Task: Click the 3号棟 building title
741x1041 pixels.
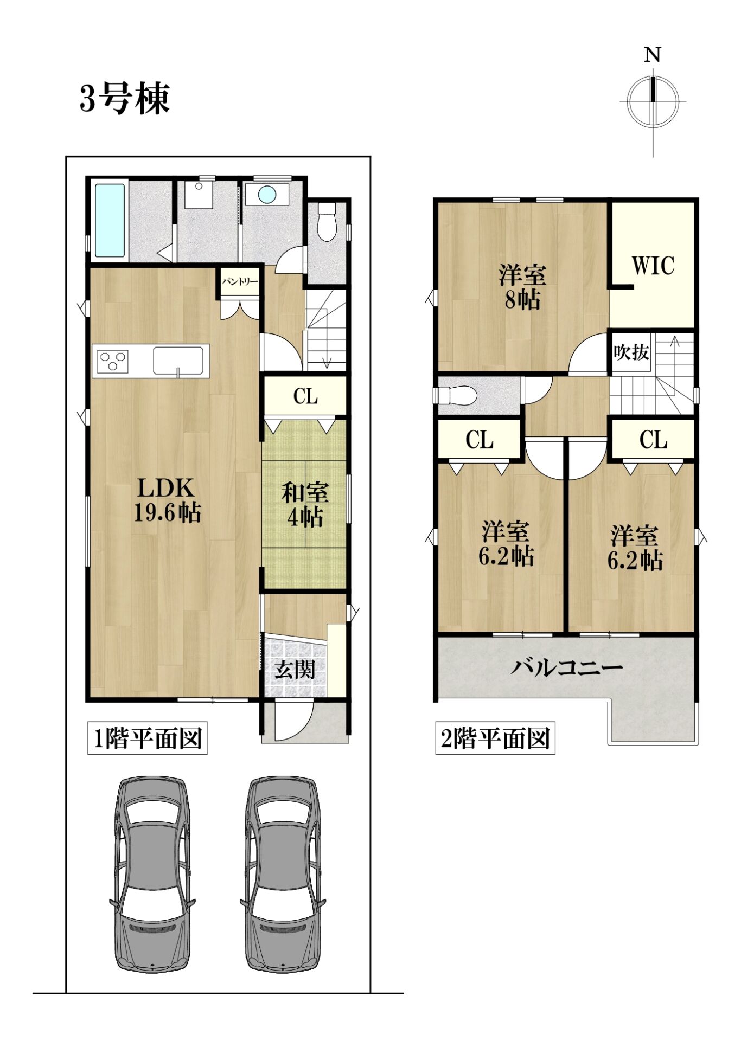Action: click(x=125, y=99)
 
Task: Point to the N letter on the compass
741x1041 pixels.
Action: click(x=652, y=55)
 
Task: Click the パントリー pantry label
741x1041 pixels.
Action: click(x=239, y=282)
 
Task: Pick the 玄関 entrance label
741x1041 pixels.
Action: click(x=295, y=669)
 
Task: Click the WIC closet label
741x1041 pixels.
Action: click(x=653, y=266)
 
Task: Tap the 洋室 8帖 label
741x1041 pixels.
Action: click(x=523, y=287)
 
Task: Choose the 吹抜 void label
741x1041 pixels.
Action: click(x=631, y=352)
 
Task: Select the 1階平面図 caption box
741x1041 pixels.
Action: click(x=148, y=738)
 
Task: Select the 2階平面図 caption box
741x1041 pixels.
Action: click(x=495, y=738)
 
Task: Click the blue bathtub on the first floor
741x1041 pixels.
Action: click(x=111, y=220)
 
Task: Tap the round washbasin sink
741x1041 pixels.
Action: click(x=267, y=195)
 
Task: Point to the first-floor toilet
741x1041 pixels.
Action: click(x=327, y=222)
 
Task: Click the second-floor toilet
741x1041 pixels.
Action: click(x=456, y=395)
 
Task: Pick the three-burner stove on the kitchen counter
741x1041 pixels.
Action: click(x=113, y=361)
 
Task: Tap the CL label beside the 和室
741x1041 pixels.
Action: click(x=305, y=396)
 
